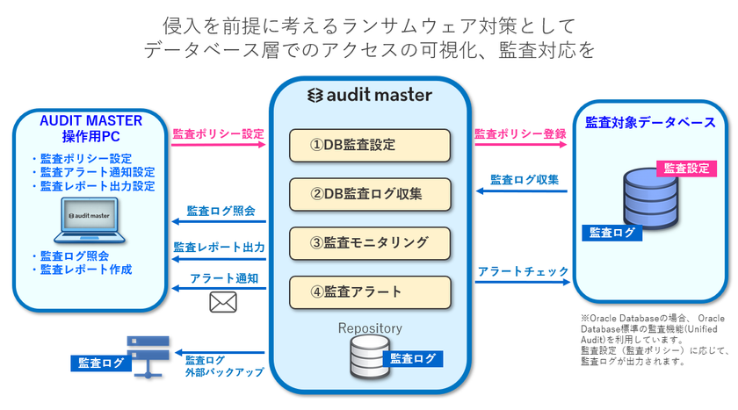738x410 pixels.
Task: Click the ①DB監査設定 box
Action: pos(370,145)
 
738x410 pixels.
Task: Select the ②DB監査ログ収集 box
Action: pos(370,193)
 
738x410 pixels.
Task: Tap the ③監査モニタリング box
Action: pos(370,241)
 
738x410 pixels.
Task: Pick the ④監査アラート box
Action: pos(370,291)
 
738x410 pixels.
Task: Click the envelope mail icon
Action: pos(223,302)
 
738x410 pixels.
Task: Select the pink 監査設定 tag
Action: pos(686,168)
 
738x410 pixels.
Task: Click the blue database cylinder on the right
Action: pos(651,198)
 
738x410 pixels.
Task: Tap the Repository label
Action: pos(370,328)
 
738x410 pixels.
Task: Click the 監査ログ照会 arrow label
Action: pos(221,212)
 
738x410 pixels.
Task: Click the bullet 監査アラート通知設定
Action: pos(92,173)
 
